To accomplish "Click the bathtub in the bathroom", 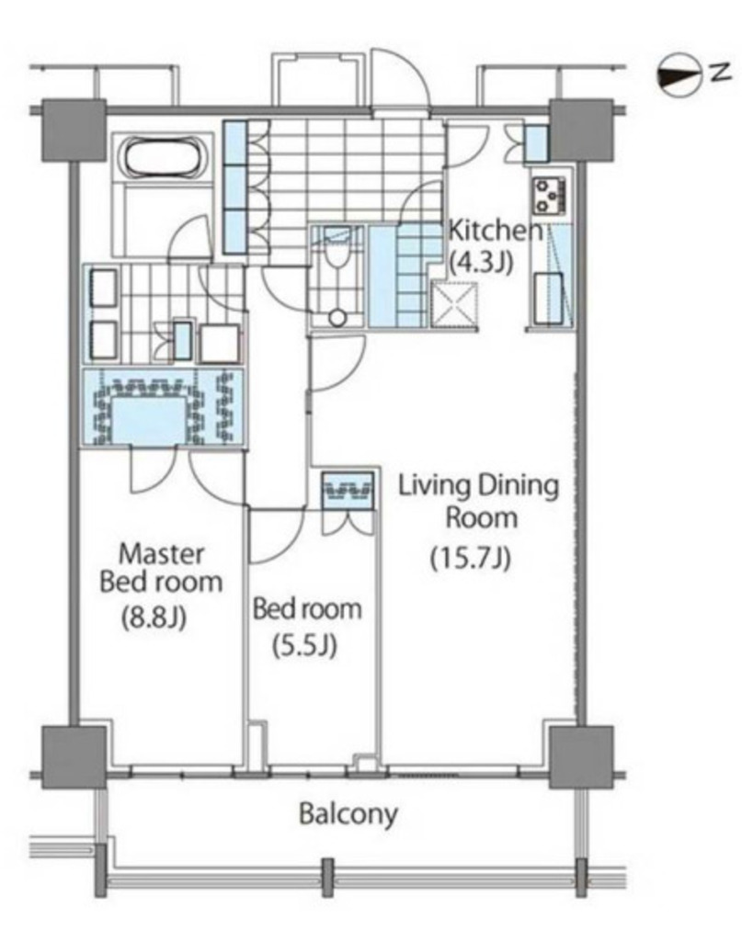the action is pos(166,158).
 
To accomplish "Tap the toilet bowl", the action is pos(337,252).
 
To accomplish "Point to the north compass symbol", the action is pos(680,76).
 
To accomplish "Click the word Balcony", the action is pos(348,815).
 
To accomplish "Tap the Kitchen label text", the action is pos(496,231).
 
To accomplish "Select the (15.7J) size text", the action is pos(471,560).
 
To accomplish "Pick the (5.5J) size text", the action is pos(305,646).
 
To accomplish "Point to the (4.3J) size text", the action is pos(480,262).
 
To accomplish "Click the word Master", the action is pos(162,554).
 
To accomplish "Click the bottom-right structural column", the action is pos(581,757).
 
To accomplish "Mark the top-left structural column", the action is pos(74,130).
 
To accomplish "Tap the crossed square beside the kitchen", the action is pos(454,305).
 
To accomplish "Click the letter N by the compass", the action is pos(721,73).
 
